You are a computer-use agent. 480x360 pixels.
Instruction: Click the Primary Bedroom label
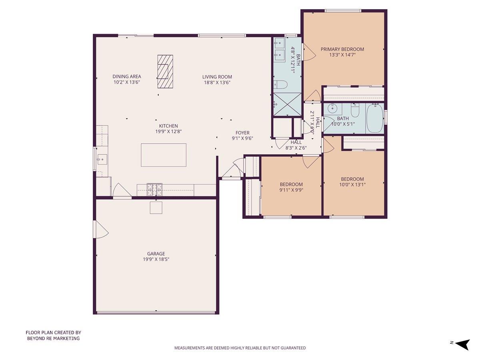point(342,49)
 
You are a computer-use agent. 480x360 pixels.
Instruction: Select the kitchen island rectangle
point(164,155)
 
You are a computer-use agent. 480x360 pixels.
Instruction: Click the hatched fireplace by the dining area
point(165,71)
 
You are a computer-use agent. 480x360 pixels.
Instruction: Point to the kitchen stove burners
point(154,189)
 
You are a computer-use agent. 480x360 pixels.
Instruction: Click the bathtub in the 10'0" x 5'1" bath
point(375,118)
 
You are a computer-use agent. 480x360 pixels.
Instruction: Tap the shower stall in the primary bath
point(287,104)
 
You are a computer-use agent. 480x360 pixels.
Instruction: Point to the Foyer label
point(242,133)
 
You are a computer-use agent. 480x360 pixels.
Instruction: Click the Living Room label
point(217,77)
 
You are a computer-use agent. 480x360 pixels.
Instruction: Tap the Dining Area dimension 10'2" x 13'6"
point(126,82)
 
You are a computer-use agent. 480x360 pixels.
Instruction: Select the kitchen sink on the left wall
point(102,159)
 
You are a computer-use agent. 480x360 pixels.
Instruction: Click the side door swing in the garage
point(100,230)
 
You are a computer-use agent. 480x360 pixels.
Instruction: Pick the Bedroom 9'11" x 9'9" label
point(291,184)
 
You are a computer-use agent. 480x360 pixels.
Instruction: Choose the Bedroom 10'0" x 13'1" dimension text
point(352,185)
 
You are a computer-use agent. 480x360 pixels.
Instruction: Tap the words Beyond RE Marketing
point(53,338)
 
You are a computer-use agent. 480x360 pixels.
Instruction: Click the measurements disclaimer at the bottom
point(240,348)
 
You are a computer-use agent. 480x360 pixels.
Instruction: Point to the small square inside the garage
point(156,208)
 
